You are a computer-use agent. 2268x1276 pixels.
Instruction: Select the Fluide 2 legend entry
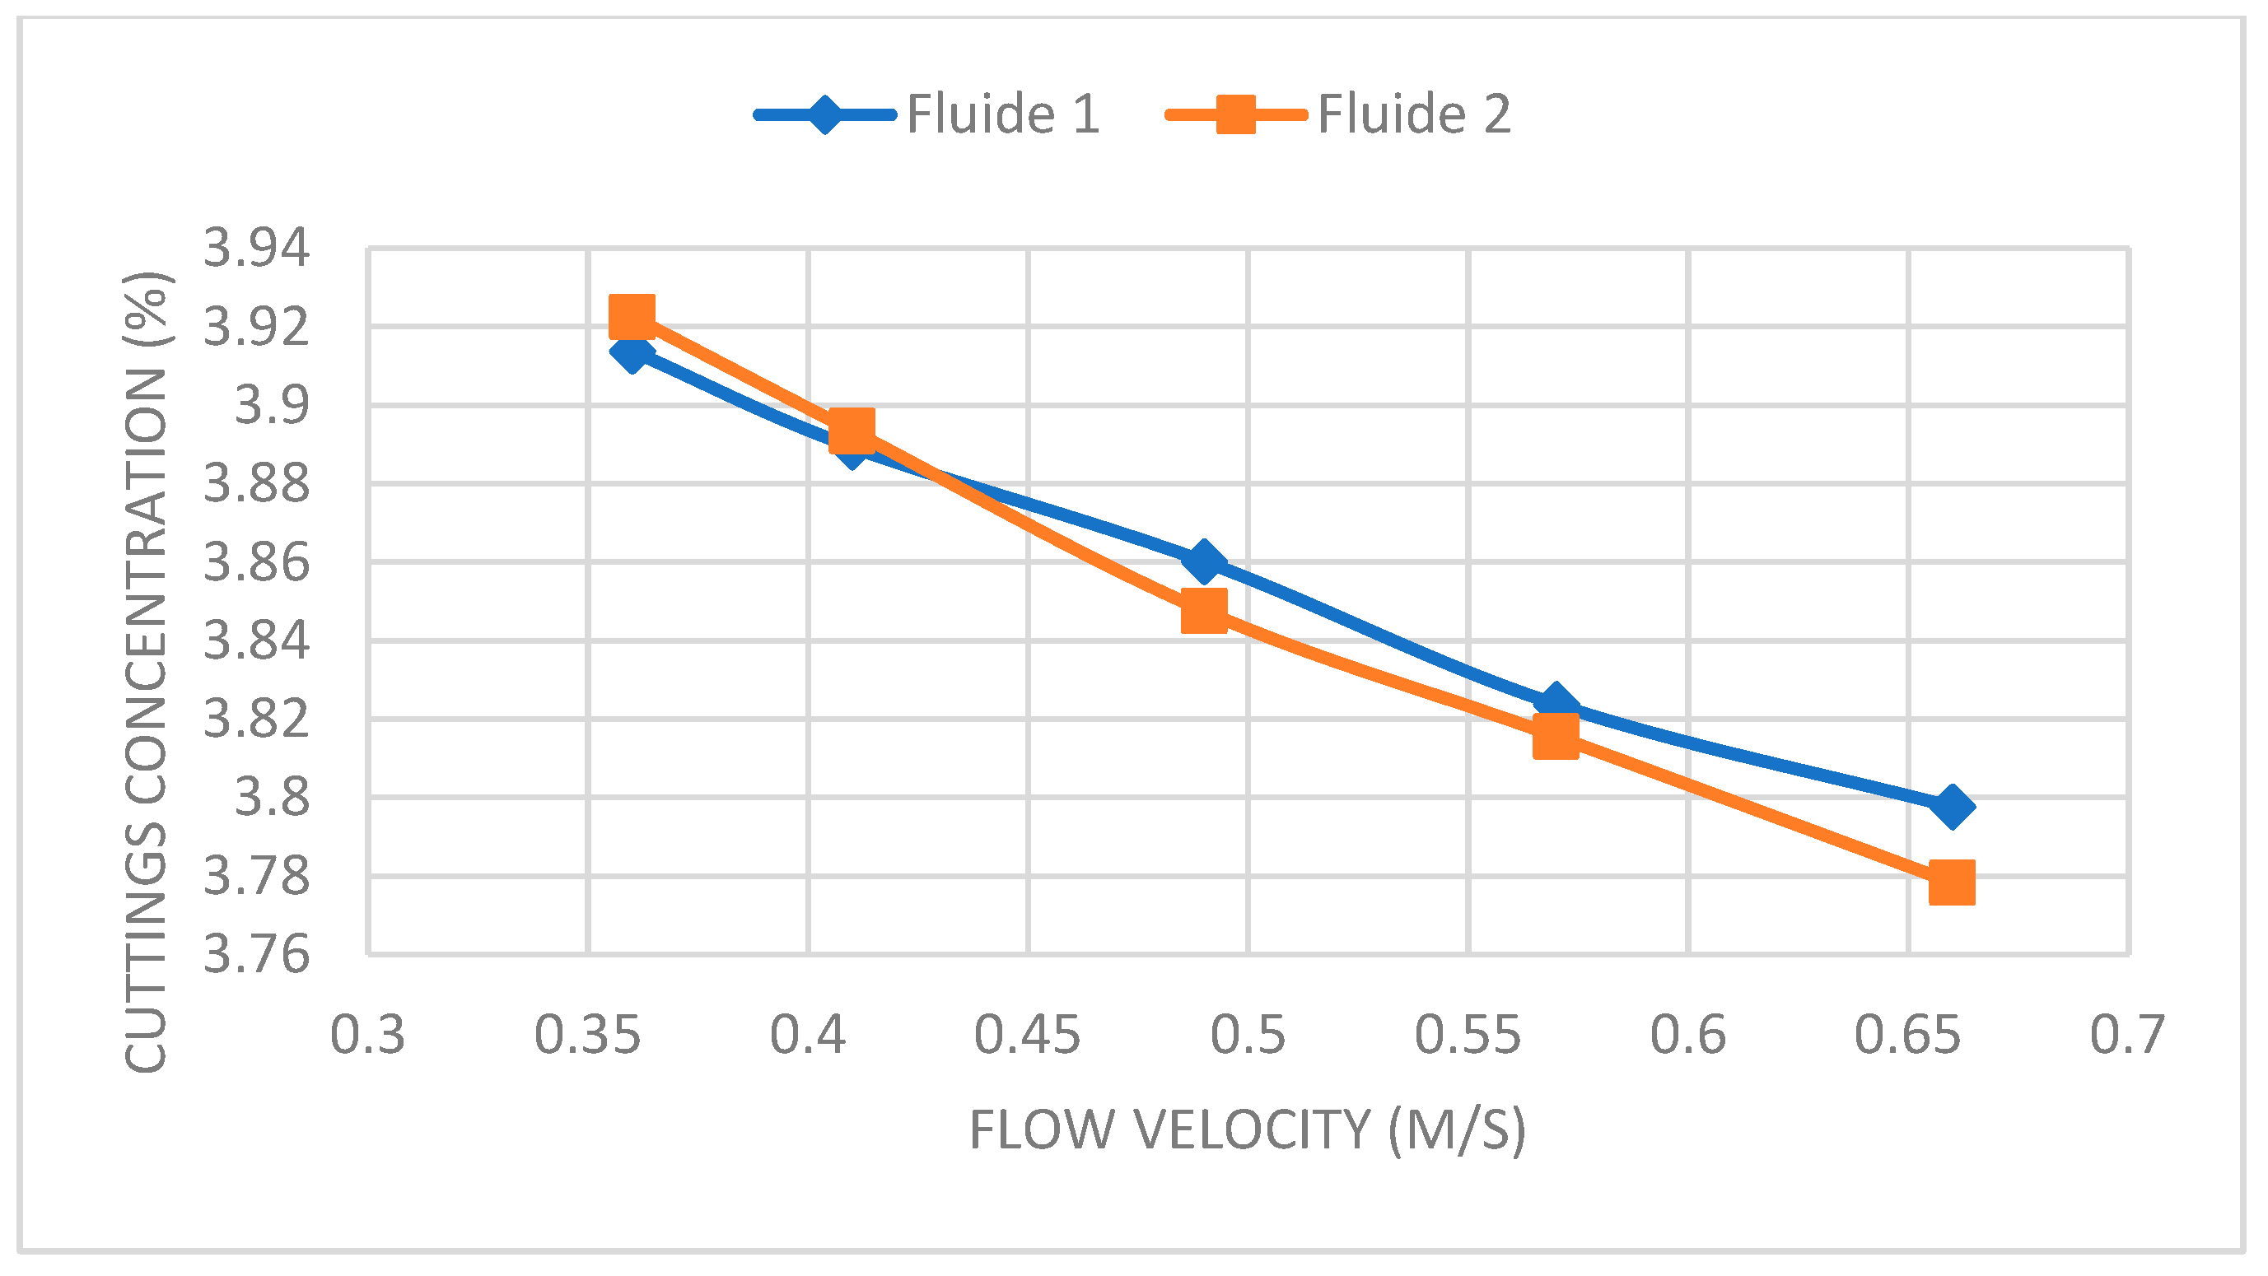point(1339,114)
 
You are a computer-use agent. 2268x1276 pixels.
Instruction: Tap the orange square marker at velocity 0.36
point(632,316)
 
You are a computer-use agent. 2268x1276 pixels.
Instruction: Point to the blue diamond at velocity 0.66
point(1952,806)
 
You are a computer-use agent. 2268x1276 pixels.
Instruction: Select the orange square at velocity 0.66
point(1952,882)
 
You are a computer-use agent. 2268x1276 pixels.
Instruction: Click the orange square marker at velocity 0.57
point(1556,736)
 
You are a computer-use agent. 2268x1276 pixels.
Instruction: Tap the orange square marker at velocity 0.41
point(852,431)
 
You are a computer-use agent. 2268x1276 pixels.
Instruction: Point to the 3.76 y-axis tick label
point(256,954)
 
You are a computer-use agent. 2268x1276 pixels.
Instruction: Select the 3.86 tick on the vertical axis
point(256,562)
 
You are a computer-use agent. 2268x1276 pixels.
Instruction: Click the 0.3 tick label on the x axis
point(367,1035)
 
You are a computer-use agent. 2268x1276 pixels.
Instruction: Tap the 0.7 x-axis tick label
point(2128,1035)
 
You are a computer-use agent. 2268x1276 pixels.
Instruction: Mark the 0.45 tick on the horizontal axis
point(1028,1035)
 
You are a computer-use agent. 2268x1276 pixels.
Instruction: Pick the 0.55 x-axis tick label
point(1468,1035)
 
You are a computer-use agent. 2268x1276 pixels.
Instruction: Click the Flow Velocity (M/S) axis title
point(1248,1130)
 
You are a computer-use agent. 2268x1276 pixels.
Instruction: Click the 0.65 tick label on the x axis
point(1908,1035)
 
